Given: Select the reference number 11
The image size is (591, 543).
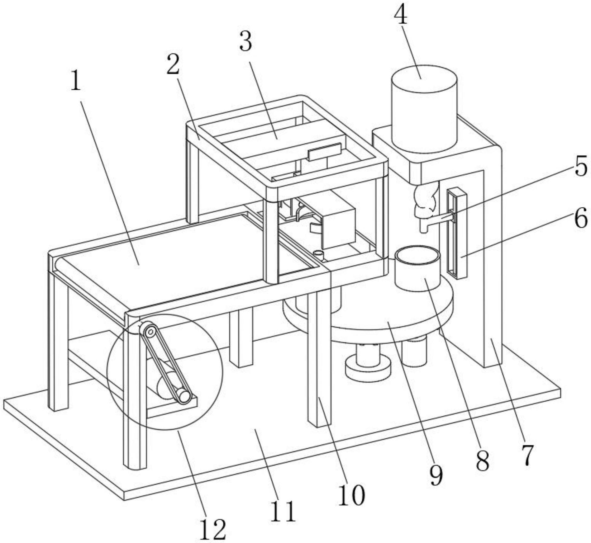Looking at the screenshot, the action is click(282, 511).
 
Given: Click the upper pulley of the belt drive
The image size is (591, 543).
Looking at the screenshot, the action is click(150, 331).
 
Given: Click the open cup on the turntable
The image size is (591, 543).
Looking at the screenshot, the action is click(418, 267).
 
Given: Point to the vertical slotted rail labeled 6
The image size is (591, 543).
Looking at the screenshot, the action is click(457, 233).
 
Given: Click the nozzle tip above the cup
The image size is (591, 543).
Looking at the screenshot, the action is click(424, 230).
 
